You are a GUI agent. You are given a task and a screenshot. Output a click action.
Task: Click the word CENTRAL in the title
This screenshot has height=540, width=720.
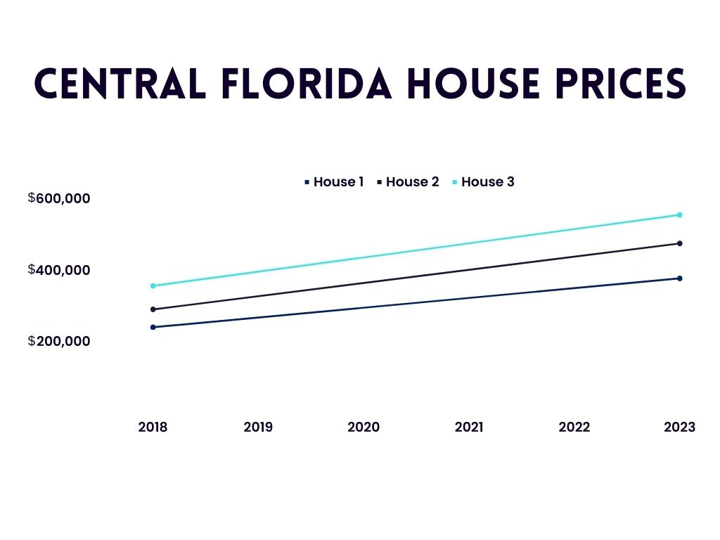(120, 84)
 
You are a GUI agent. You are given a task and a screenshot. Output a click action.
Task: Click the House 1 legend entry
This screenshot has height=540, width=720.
(335, 182)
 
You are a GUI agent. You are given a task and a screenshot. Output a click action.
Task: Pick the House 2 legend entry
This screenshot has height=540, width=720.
(409, 182)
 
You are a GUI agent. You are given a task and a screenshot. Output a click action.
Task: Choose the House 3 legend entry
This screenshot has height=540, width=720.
(484, 182)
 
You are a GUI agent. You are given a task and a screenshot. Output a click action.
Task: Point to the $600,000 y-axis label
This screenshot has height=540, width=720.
(60, 198)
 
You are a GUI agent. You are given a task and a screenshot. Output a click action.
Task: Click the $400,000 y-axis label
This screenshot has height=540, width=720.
(60, 270)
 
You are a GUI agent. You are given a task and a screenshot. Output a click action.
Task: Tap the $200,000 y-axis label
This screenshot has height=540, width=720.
(60, 341)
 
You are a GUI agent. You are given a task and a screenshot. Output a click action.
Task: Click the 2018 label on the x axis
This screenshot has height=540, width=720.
(153, 427)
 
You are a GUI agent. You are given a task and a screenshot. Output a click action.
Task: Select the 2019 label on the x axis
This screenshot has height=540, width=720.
(258, 427)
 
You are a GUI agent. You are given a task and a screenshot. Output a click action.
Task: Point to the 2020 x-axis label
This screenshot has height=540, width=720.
(364, 427)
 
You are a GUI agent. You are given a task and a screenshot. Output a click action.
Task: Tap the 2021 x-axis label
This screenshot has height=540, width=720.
(469, 427)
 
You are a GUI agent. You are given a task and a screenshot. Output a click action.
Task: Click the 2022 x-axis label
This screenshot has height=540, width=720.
(574, 427)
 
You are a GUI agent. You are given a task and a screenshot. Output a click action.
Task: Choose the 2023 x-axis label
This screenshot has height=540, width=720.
(679, 427)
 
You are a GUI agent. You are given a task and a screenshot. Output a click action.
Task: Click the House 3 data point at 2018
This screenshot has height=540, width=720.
(153, 285)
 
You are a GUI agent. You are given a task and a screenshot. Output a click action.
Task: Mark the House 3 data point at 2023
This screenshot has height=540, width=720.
(680, 214)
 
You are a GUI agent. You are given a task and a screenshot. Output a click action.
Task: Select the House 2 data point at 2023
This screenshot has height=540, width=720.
(680, 243)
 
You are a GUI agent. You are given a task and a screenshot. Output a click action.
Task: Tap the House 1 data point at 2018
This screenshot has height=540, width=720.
(153, 327)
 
